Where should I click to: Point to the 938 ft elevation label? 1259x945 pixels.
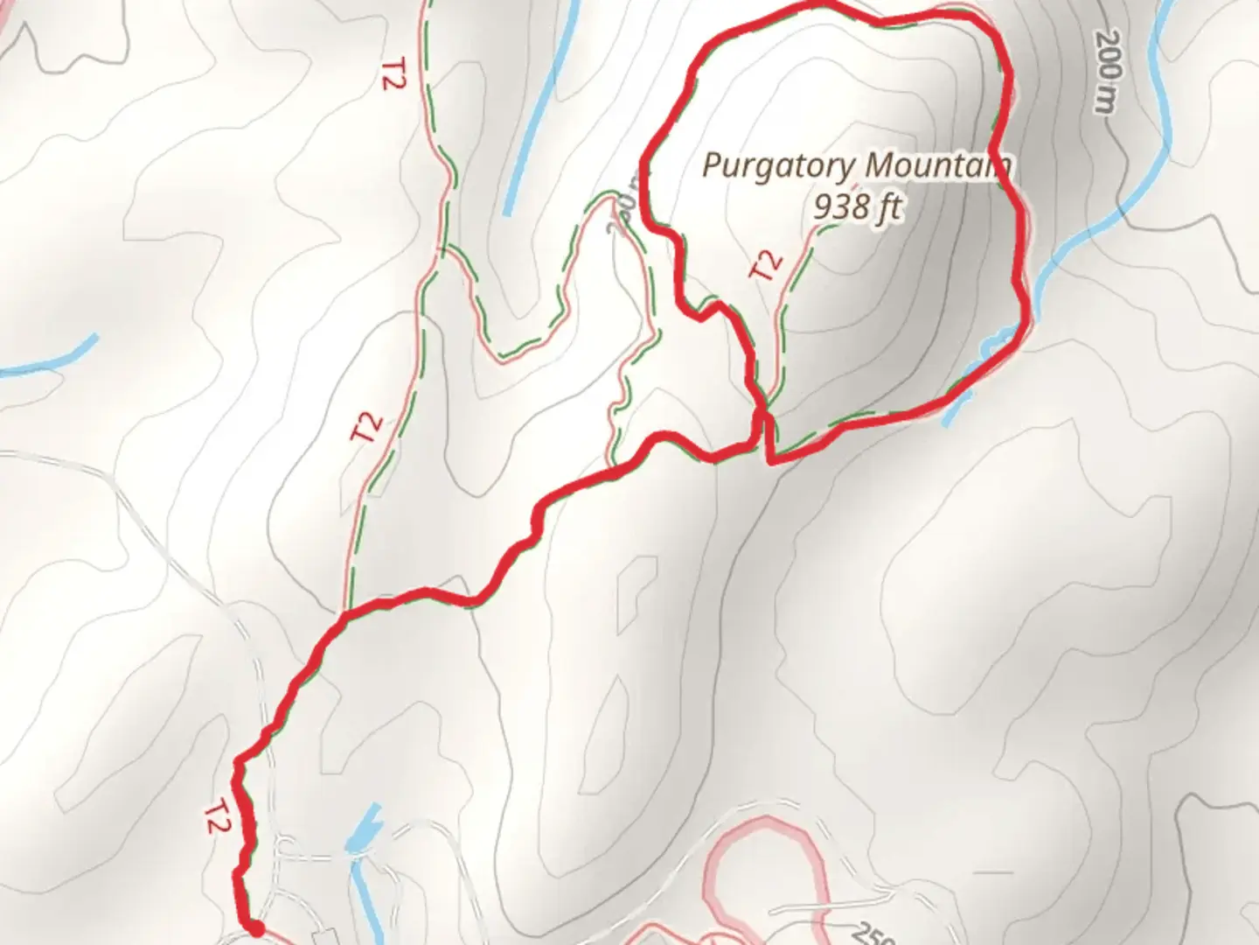click(856, 206)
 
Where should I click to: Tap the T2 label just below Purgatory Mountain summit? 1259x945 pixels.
click(766, 264)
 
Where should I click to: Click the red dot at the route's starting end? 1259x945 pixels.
click(255, 928)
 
